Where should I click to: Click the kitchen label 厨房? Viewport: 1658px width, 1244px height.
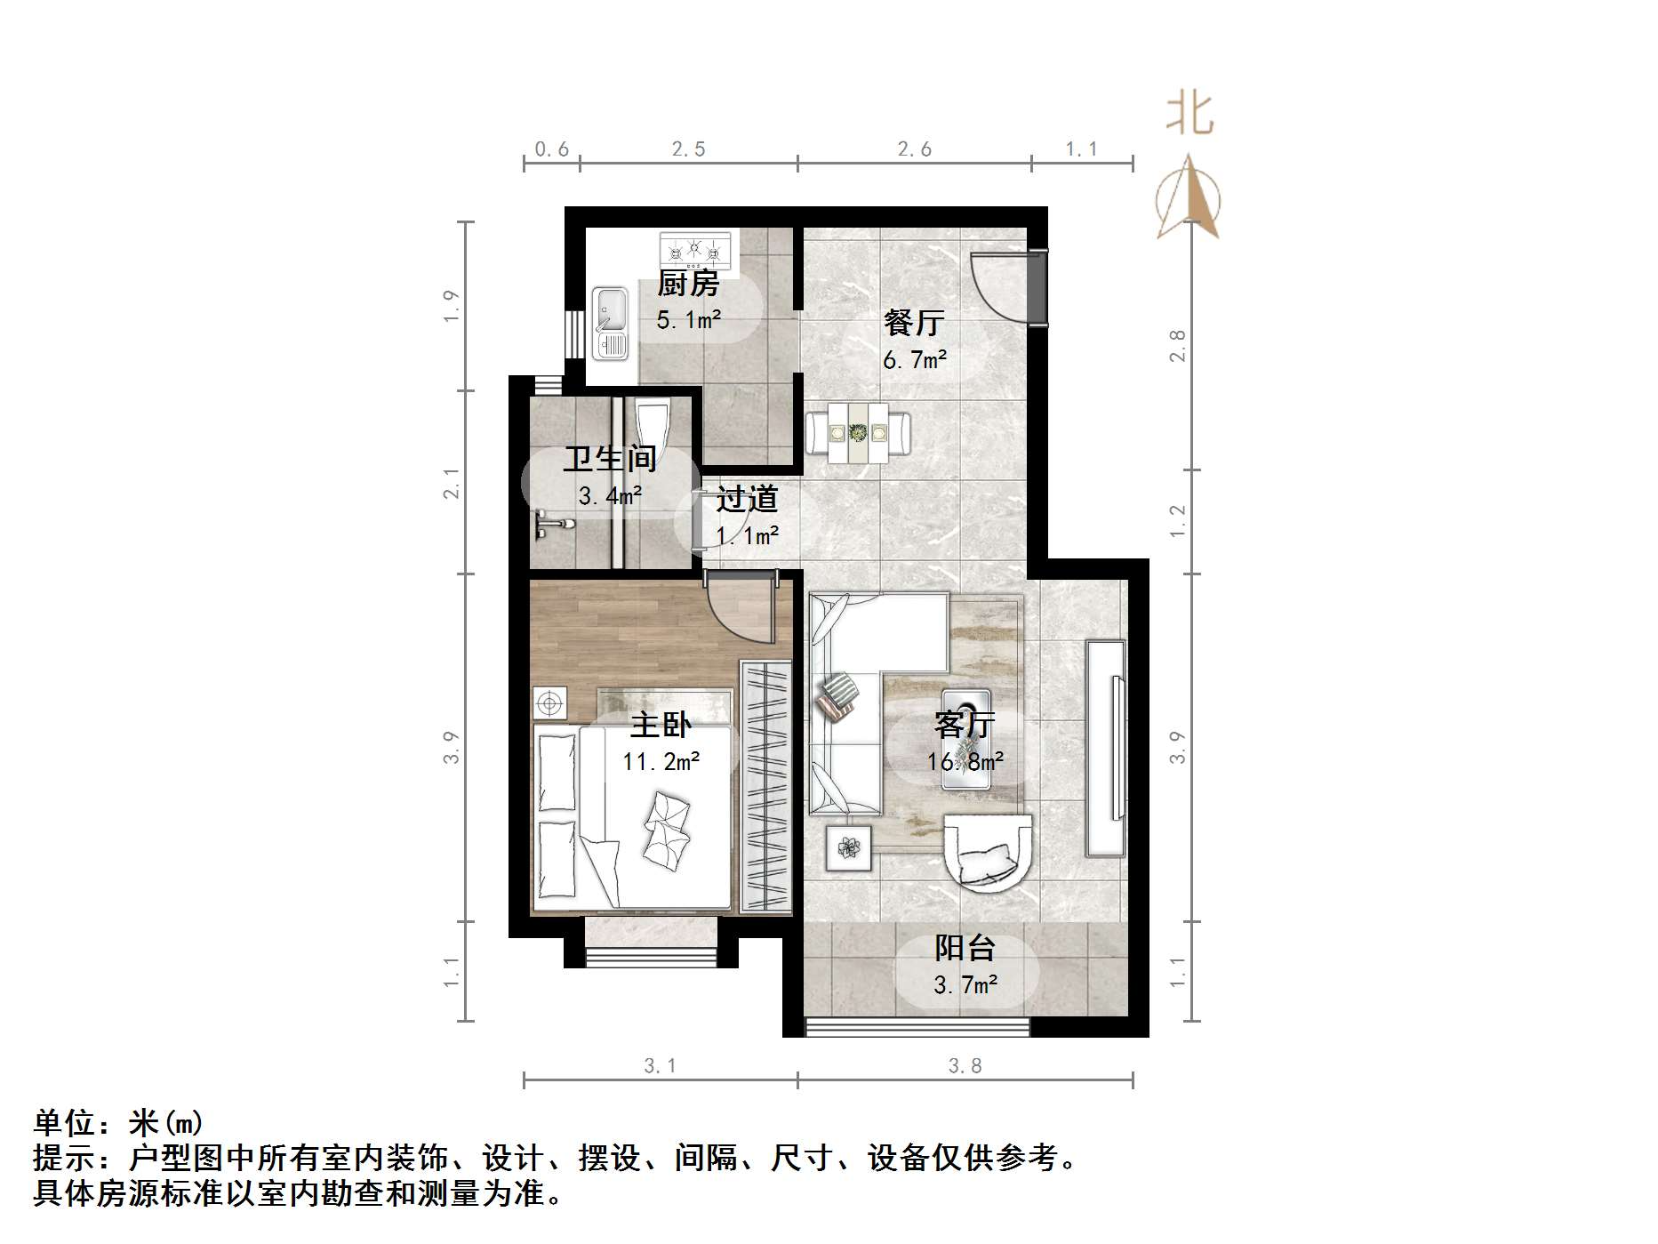point(687,284)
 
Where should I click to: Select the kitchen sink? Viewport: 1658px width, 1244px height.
point(610,322)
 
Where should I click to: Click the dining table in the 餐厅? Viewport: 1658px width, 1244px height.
point(858,433)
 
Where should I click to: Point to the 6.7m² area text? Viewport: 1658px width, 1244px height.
point(915,360)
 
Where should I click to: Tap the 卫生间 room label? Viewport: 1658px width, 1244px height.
point(610,459)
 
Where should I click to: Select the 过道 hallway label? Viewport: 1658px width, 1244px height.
point(747,499)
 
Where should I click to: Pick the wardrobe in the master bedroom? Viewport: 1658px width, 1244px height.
point(765,786)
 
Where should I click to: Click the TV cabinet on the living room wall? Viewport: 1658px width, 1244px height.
point(1105,748)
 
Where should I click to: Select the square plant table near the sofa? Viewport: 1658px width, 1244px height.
point(848,847)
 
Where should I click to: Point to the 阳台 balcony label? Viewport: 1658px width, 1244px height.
point(965,949)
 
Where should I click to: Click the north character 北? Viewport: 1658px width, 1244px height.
point(1189,115)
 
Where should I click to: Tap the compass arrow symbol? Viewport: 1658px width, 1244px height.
point(1189,199)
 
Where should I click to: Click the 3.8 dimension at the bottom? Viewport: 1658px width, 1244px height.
point(965,1065)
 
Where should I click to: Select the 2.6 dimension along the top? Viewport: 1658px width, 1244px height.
point(914,149)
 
